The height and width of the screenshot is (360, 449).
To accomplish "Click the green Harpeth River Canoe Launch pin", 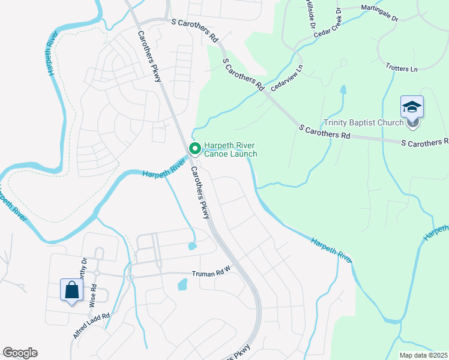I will coord(194,148).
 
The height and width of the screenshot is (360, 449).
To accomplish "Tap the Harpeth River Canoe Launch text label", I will coord(231,149).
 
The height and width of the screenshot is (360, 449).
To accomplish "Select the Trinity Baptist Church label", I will coord(364,123).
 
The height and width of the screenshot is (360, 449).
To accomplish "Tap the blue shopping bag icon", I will coord(71,290).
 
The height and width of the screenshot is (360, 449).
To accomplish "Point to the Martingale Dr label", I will coord(379,13).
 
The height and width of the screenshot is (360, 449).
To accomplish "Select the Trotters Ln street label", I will coord(402,68).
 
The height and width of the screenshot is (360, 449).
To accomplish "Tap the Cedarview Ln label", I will coord(284,79).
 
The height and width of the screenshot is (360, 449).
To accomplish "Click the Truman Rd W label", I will coord(211,274).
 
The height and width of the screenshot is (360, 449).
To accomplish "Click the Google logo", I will coord(20,353).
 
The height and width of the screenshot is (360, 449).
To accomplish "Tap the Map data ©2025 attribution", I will coord(423,355).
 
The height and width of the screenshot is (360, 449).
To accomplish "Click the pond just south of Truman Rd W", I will coord(182,284).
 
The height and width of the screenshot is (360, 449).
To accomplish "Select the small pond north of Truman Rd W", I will coord(192,245).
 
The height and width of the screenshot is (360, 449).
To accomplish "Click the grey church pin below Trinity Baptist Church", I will coord(412,124).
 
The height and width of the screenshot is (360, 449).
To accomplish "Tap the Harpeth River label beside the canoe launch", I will coord(163,169).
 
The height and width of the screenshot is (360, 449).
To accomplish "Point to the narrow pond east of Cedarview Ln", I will coord(343,91).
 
